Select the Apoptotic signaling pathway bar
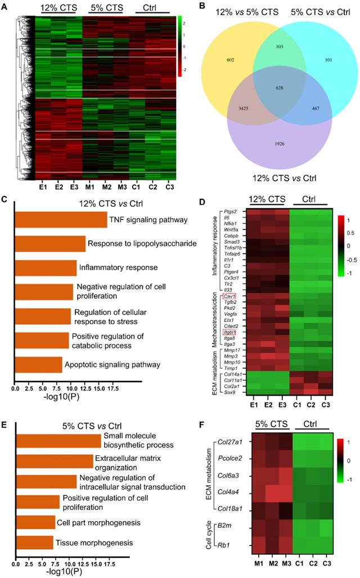pos(38,365)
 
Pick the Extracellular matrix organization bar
pos(54,461)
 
